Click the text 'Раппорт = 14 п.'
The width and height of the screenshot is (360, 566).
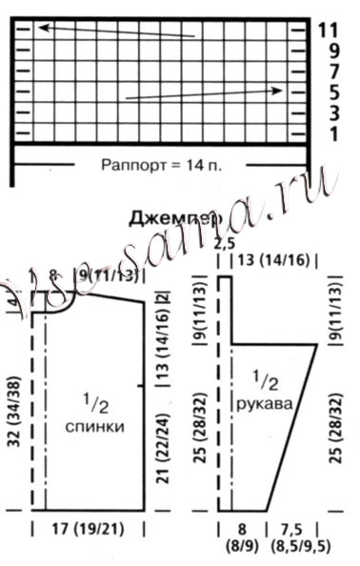click(x=161, y=164)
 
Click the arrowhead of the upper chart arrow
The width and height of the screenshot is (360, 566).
click(x=43, y=28)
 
